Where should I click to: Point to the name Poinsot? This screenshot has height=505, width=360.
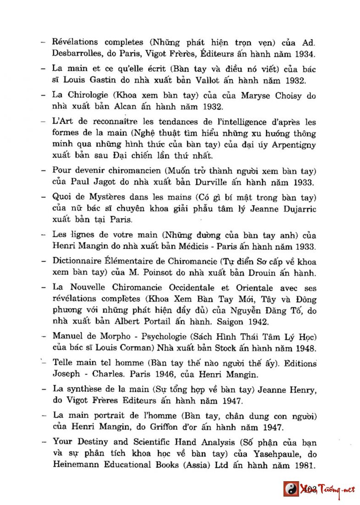tap(154, 274)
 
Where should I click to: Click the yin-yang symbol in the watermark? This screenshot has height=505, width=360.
tap(290, 489)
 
